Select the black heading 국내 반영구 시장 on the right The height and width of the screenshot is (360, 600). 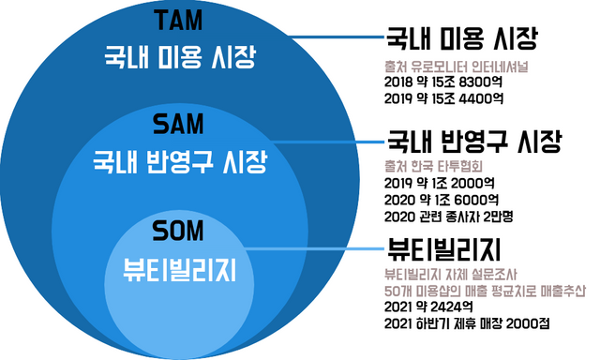tap(473, 143)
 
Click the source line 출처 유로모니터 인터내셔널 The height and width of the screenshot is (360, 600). tap(450, 66)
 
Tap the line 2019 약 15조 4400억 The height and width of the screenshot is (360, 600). tap(444, 97)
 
